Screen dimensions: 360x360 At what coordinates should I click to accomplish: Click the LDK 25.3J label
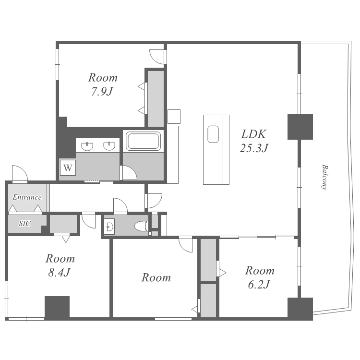pyautogui.click(x=254, y=141)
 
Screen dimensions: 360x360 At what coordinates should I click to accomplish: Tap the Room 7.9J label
pyautogui.click(x=103, y=84)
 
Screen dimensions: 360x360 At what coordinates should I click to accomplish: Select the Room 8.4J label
pyautogui.click(x=60, y=265)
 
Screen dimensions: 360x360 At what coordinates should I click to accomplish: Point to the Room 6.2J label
pyautogui.click(x=259, y=277)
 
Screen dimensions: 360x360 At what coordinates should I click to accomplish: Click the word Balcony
pyautogui.click(x=324, y=177)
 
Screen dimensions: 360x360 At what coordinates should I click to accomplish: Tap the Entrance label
pyautogui.click(x=27, y=197)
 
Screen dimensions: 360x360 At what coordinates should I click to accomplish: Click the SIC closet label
pyautogui.click(x=25, y=223)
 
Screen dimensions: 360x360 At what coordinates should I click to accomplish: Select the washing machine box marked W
pyautogui.click(x=68, y=168)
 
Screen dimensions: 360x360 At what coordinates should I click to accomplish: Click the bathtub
pyautogui.click(x=143, y=141)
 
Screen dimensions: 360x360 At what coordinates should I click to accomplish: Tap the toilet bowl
pyautogui.click(x=141, y=226)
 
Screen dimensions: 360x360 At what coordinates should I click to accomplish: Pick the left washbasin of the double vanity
pyautogui.click(x=87, y=146)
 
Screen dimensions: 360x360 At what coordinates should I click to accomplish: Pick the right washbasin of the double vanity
pyautogui.click(x=109, y=146)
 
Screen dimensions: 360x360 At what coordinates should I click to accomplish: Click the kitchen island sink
pyautogui.click(x=213, y=134)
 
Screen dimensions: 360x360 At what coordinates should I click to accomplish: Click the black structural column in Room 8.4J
pyautogui.click(x=57, y=308)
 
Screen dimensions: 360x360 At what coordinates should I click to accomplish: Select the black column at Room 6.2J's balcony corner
pyautogui.click(x=300, y=309)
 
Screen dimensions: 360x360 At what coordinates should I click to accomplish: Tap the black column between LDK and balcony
pyautogui.click(x=300, y=127)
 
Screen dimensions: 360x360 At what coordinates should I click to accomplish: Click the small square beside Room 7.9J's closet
pyautogui.click(x=174, y=117)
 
